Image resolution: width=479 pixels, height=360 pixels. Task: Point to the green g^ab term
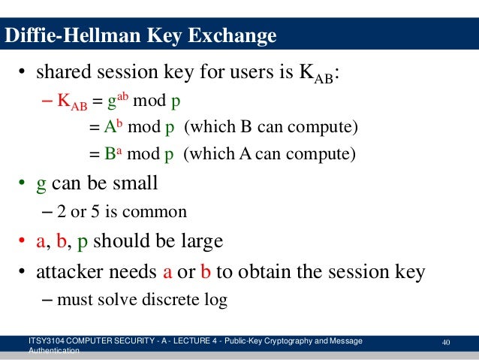[115, 100]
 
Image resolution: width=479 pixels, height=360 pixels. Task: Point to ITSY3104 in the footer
[46, 342]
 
